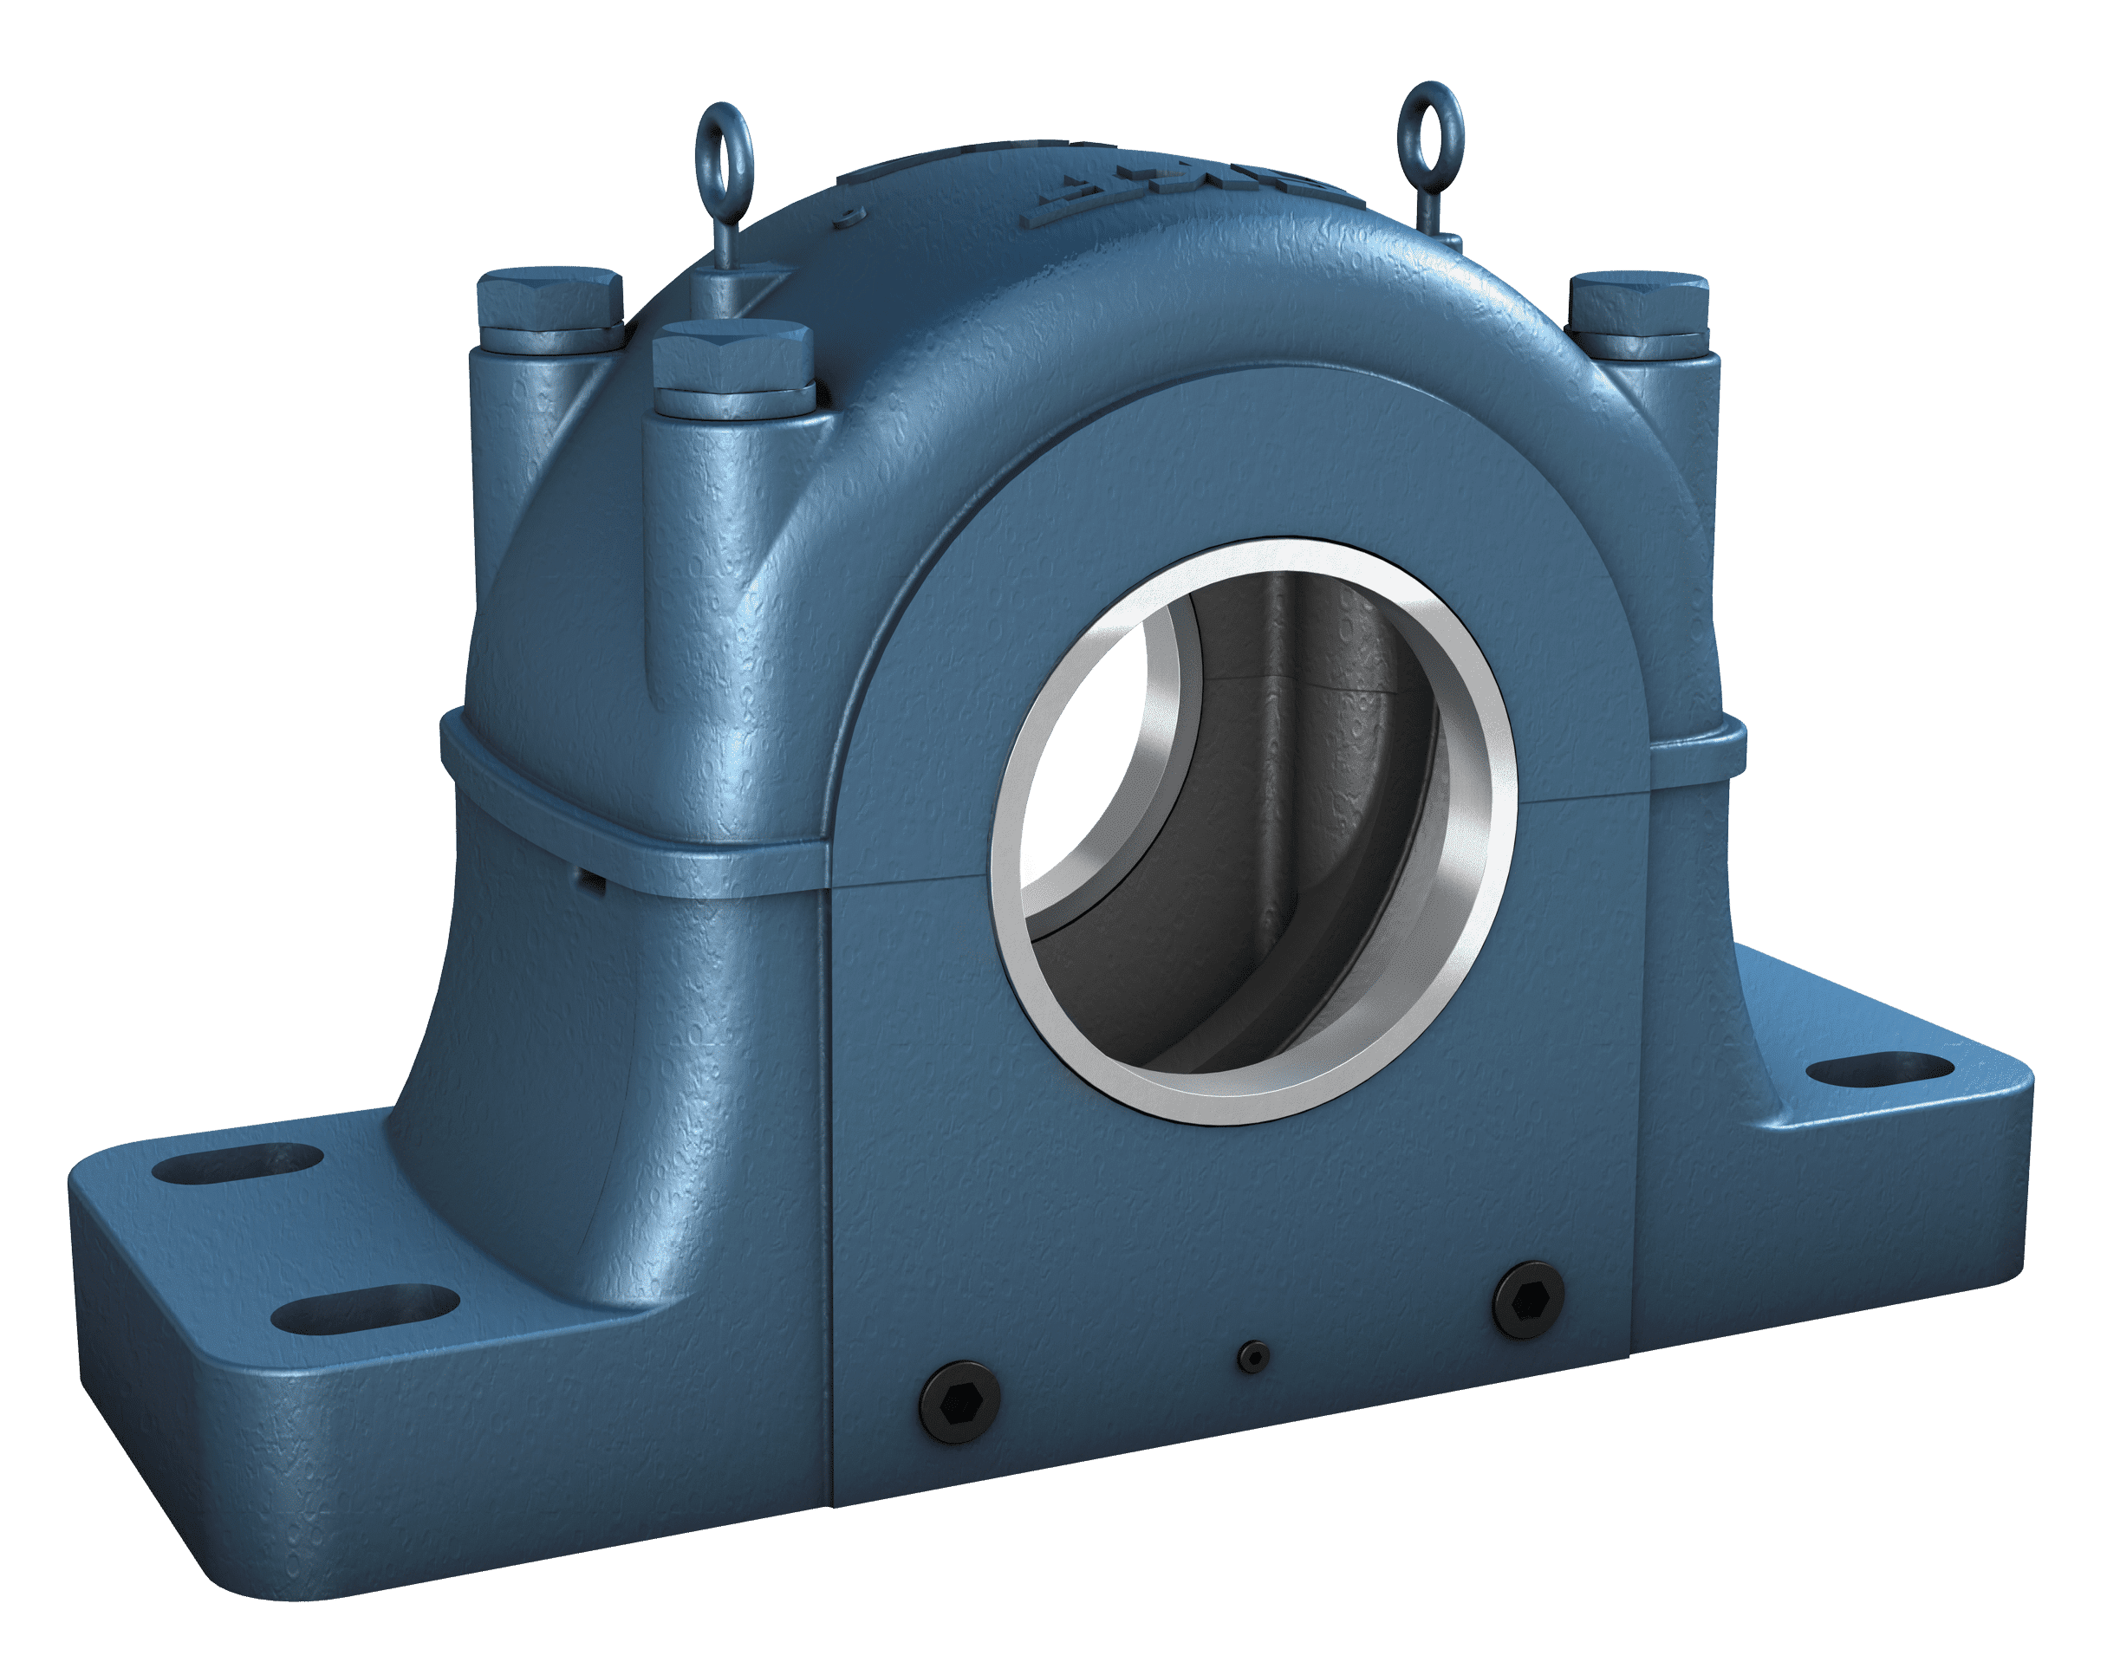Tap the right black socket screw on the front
click(x=1527, y=1300)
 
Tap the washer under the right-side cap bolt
click(x=1641, y=341)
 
